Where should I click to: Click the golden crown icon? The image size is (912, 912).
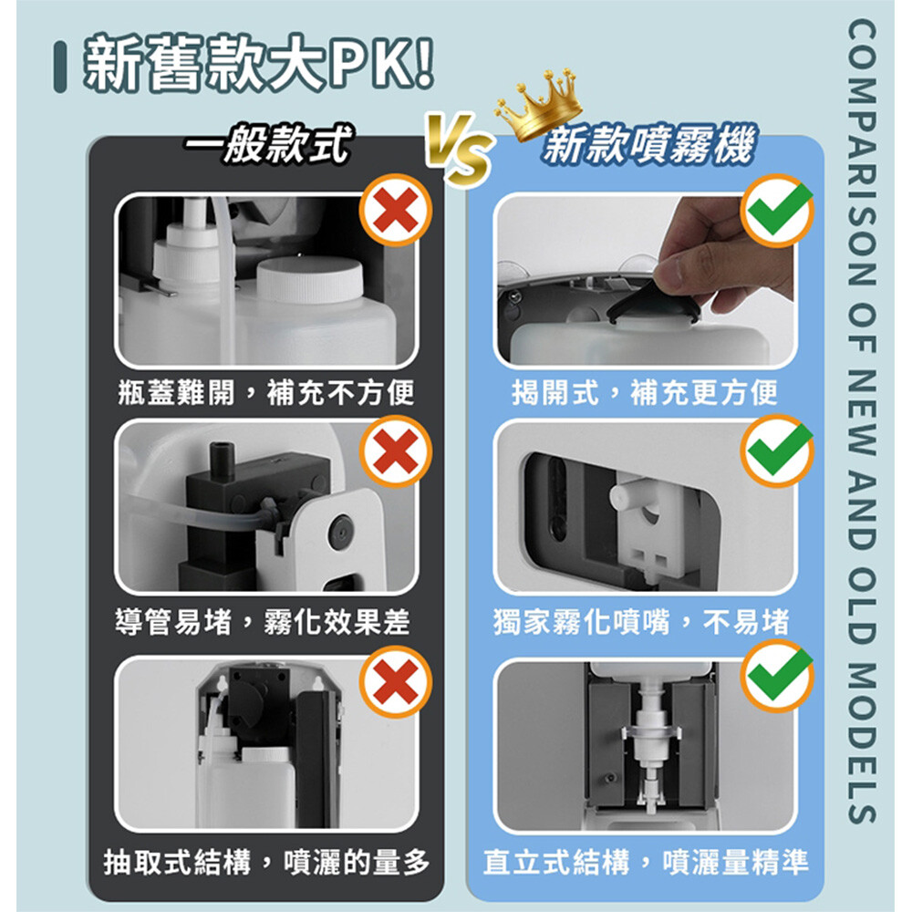point(539,105)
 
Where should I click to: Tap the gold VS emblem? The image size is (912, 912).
point(460,148)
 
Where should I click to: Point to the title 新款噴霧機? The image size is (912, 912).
point(649,145)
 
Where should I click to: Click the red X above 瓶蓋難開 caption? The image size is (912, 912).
point(396,210)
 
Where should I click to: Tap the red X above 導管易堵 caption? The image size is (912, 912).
point(396,452)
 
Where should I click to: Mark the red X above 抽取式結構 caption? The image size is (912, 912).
point(396,681)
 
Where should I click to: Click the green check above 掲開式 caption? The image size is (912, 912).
point(778,210)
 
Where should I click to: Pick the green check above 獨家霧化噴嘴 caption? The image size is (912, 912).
point(778,451)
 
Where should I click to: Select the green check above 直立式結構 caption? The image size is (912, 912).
point(778,675)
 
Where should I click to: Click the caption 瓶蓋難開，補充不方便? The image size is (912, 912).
point(265,392)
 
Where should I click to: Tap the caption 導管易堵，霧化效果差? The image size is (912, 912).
point(263,622)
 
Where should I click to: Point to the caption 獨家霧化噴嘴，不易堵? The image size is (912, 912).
point(641,622)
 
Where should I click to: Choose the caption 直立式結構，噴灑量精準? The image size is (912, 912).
point(646,862)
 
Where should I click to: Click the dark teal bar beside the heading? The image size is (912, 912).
point(60,66)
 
